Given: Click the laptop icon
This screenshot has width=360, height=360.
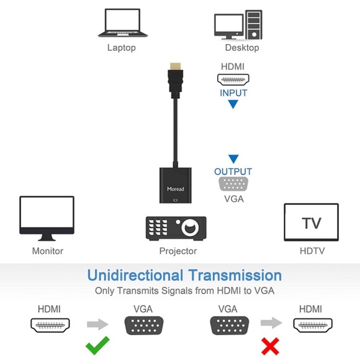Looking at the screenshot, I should click(x=122, y=24).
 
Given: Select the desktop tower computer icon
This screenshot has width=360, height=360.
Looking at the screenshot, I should click(x=254, y=25).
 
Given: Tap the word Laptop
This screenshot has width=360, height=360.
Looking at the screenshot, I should click(x=121, y=48).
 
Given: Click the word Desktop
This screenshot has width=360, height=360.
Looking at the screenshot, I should click(x=242, y=48).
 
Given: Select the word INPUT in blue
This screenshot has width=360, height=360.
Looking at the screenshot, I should click(x=233, y=93).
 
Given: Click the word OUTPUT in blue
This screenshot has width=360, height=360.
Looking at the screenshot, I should click(x=233, y=172).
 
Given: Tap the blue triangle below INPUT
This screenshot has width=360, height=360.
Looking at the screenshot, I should click(x=233, y=105).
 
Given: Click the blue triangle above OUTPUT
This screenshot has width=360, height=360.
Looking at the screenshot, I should click(x=233, y=160).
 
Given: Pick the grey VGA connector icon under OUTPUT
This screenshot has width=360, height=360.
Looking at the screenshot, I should click(x=233, y=184).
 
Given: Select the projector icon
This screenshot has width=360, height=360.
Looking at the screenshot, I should click(x=176, y=228).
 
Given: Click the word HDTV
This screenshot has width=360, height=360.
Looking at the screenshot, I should click(x=312, y=251).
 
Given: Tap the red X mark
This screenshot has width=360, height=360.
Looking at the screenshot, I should click(x=270, y=346).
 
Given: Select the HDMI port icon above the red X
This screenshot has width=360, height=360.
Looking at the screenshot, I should click(x=313, y=325).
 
